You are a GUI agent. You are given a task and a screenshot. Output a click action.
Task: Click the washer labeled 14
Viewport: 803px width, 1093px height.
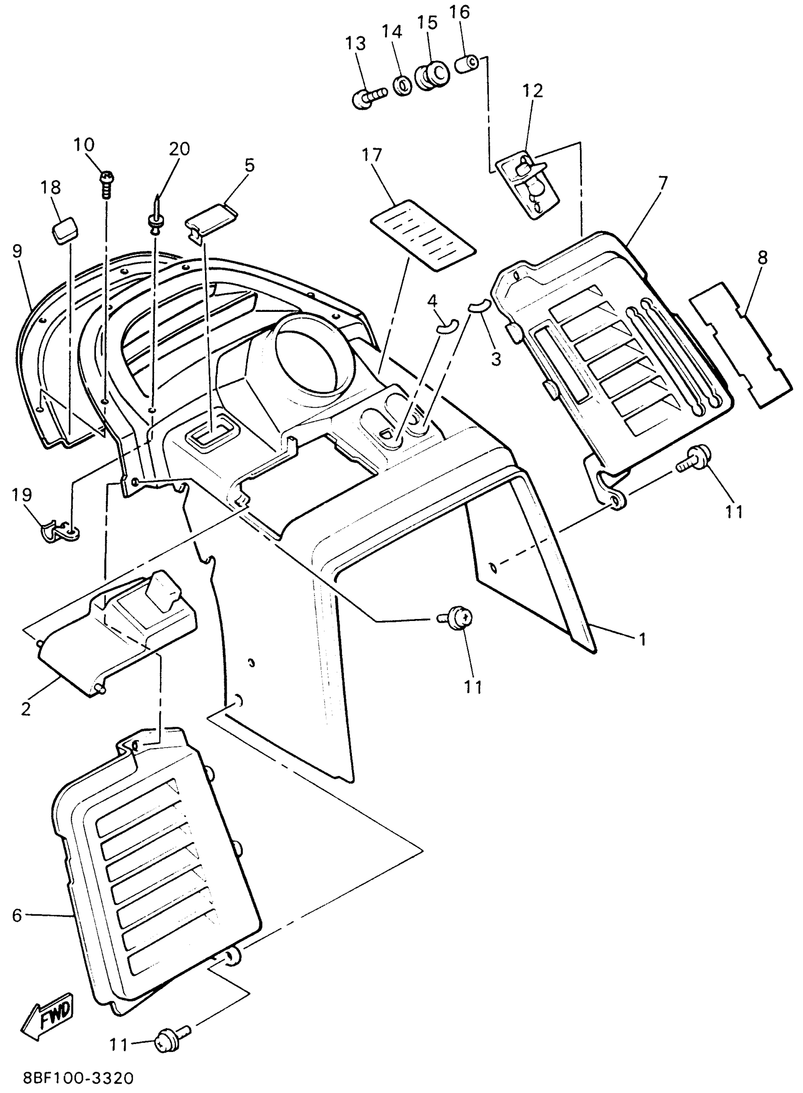tap(402, 86)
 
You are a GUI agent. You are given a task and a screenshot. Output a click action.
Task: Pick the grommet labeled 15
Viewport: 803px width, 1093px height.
tap(432, 75)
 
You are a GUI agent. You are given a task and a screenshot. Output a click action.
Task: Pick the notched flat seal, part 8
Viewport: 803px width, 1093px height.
tap(738, 347)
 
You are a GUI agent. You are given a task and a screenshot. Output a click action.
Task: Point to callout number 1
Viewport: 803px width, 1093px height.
tap(642, 639)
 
